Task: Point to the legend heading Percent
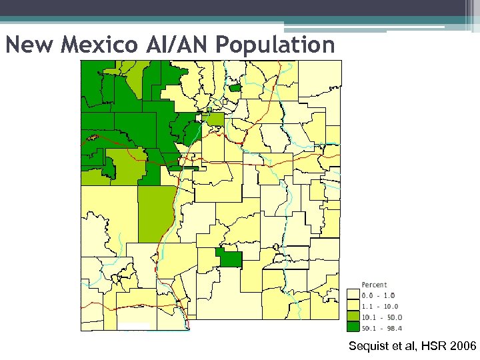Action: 374,285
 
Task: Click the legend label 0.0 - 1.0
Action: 378,295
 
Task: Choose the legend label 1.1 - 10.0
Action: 380,306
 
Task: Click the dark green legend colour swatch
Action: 353,327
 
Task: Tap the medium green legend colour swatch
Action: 353,317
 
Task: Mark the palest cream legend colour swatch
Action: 353,295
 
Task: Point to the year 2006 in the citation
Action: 462,346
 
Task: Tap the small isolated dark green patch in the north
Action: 234,87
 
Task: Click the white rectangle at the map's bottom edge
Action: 135,326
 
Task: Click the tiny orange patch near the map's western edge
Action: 92,138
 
